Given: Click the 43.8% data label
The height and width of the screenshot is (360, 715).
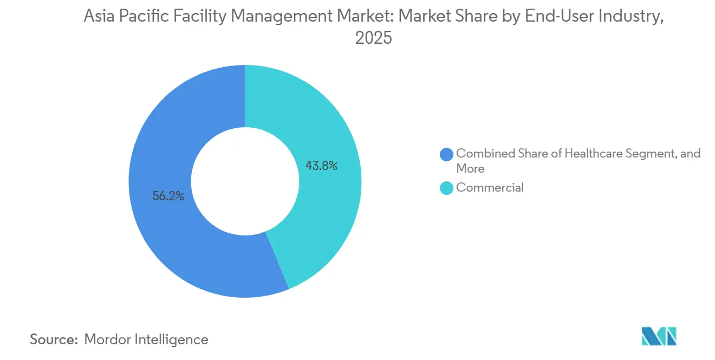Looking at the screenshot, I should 321,166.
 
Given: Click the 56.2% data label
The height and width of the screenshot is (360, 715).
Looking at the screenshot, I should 168,197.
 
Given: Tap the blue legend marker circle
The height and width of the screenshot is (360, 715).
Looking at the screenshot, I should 447,154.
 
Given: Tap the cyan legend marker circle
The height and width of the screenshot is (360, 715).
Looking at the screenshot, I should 447,188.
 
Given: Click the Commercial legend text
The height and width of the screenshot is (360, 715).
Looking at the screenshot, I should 490,188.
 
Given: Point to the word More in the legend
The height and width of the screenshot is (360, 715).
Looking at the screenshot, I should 470,168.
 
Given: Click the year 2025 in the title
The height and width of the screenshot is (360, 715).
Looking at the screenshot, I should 373,38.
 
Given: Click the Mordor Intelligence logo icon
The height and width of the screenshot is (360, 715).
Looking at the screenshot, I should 659,336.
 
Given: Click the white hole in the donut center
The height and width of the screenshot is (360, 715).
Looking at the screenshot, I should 245,181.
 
